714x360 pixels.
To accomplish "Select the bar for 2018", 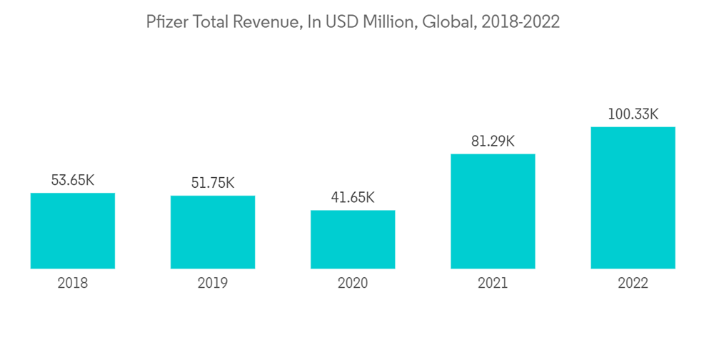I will tap(73, 231).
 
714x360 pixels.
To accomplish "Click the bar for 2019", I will tap(213, 232).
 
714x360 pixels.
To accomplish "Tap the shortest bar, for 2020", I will tap(353, 239).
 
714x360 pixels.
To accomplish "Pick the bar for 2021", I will tap(493, 211).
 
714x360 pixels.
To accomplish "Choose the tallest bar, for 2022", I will tap(633, 198).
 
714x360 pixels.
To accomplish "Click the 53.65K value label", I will tap(73, 180).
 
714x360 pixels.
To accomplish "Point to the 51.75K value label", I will tap(213, 183).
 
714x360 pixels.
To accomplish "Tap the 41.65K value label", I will tap(353, 197).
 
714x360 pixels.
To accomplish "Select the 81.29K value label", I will tap(493, 141).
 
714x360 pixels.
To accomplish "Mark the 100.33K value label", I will tap(633, 114).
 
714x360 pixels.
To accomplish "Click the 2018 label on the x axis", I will tap(73, 284).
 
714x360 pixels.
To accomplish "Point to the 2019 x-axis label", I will tap(213, 284).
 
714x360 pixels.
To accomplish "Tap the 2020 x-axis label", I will tap(353, 284).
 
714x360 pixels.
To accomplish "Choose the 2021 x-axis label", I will tap(493, 284).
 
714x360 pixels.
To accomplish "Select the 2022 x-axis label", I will tap(633, 284).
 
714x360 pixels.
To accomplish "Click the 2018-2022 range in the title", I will tap(521, 23).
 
